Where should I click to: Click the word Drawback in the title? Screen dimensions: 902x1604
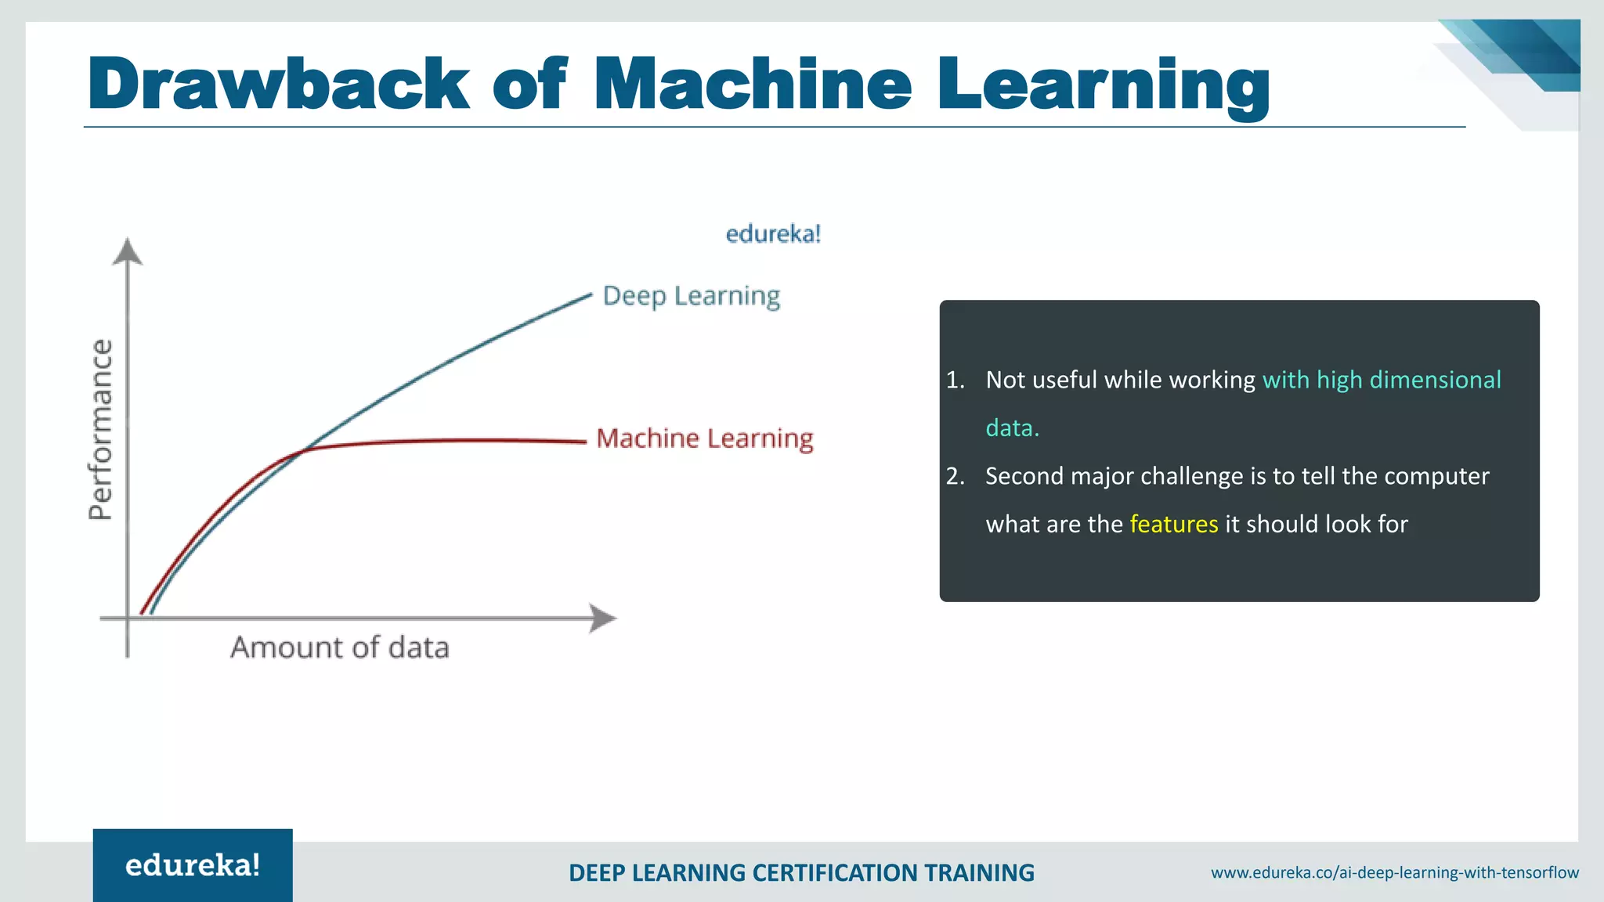(278, 84)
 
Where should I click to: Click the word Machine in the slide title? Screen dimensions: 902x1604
(753, 84)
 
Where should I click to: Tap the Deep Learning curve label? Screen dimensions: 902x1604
(692, 296)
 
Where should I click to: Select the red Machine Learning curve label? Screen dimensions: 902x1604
(705, 438)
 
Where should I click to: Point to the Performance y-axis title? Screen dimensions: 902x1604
(101, 430)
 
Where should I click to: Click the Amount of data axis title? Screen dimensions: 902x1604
(340, 648)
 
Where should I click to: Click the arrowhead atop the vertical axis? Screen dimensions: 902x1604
(128, 251)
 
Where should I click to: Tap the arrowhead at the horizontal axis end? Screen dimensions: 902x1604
(602, 619)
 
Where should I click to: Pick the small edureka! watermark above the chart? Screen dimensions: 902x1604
(773, 234)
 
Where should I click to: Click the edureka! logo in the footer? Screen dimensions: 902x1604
(193, 865)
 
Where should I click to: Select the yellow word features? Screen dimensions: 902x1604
(1173, 524)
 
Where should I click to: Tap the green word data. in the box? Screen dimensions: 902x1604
(1012, 428)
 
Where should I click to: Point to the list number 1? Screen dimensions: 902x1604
(955, 380)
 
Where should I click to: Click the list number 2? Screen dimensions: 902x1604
(955, 476)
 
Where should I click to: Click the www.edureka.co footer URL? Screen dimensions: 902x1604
(1394, 872)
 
